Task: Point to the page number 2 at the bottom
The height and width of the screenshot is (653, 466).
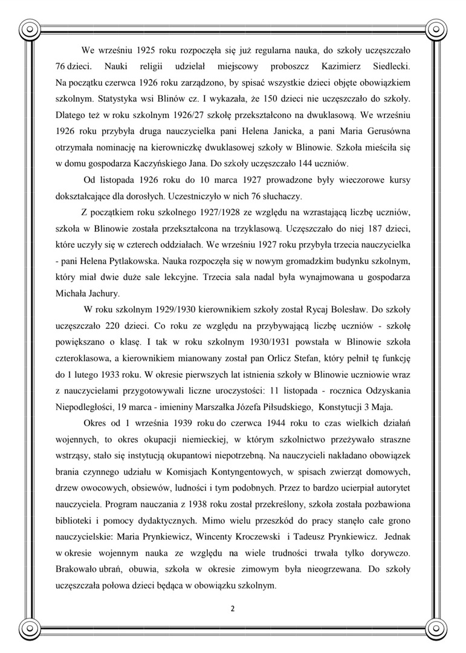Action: coord(233,608)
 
